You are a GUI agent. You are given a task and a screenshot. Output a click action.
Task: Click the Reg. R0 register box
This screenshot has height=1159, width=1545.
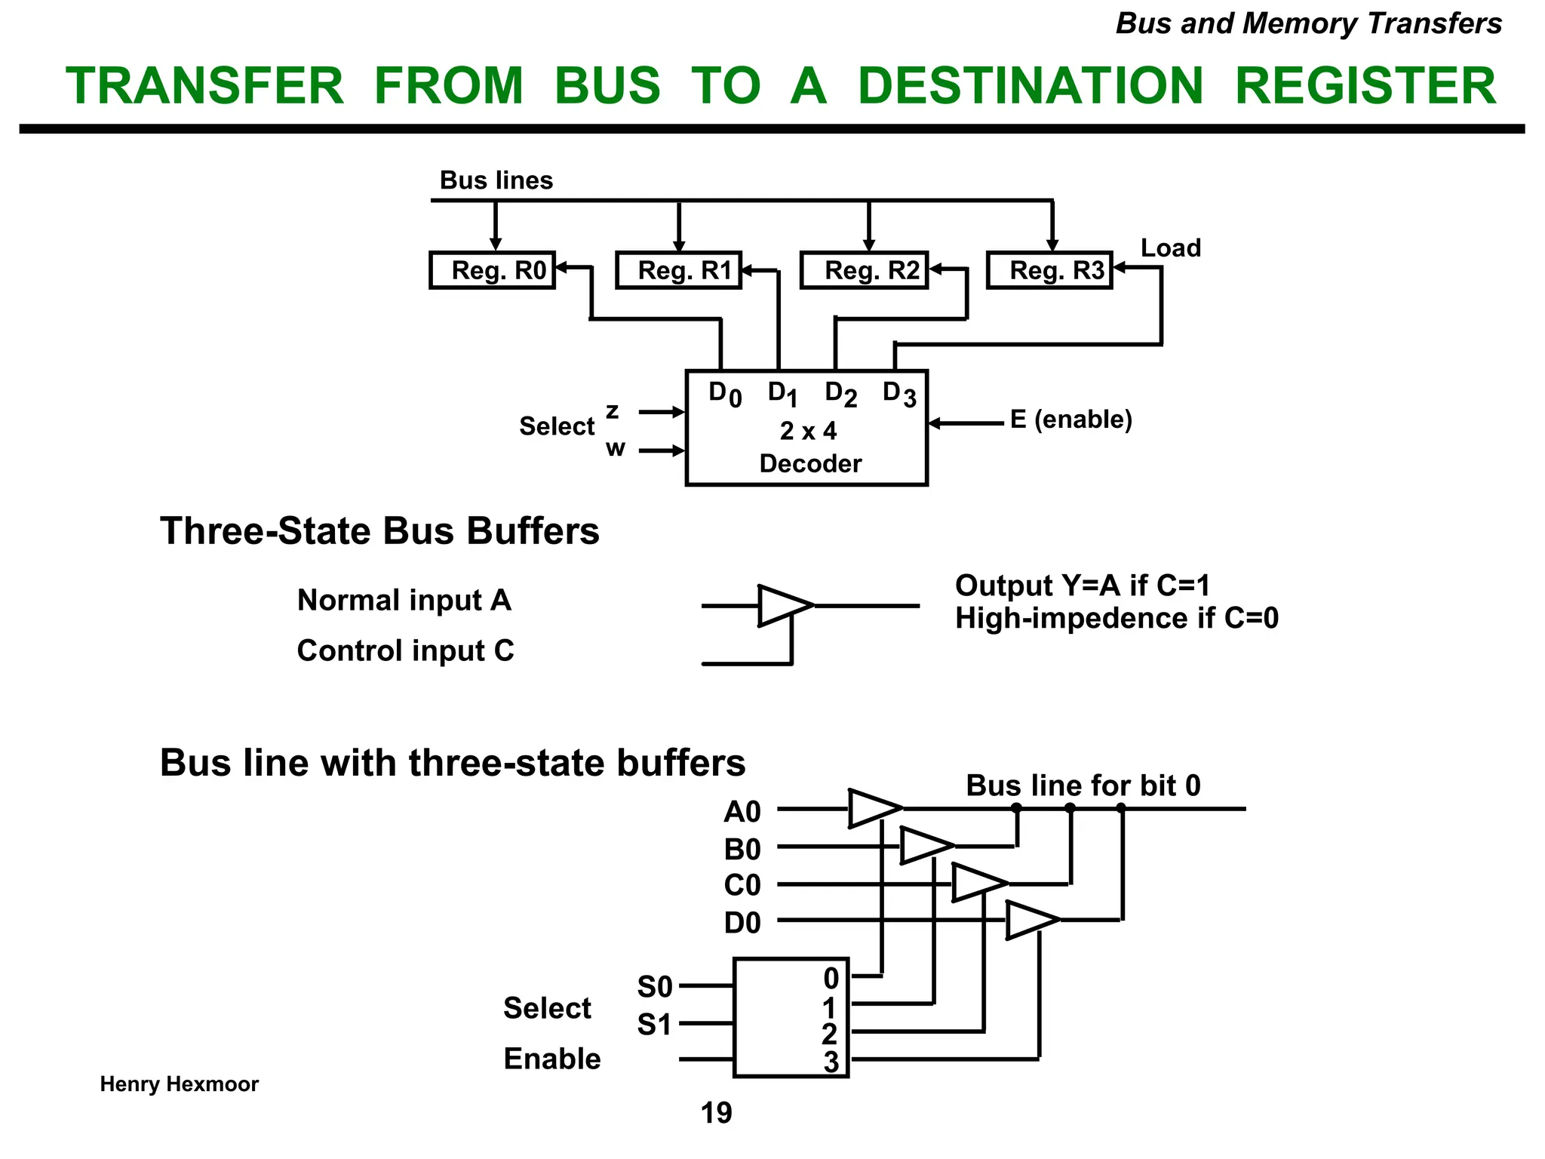point(492,270)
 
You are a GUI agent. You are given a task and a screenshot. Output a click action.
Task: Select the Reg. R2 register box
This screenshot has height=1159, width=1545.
point(864,270)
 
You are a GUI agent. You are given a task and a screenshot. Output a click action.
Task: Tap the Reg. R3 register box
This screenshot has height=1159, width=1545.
point(1049,270)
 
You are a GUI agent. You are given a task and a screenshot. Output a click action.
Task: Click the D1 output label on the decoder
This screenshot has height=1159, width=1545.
point(782,393)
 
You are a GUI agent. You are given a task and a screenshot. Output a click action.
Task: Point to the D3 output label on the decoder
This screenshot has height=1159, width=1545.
point(898,393)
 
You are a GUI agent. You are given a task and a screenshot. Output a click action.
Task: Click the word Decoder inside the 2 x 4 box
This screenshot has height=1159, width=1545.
point(810,463)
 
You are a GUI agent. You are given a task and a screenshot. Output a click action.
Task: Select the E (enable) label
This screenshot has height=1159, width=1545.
point(1071,420)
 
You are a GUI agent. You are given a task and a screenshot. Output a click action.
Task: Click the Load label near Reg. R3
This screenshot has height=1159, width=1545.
point(1170,248)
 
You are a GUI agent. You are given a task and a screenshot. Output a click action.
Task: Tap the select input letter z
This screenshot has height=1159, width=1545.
point(613,411)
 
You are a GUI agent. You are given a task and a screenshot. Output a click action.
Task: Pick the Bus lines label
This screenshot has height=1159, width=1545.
point(496,180)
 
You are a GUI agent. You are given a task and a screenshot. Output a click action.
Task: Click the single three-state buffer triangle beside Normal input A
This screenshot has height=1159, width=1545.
point(784,605)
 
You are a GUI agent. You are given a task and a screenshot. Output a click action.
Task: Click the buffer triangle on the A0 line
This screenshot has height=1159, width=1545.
point(874,808)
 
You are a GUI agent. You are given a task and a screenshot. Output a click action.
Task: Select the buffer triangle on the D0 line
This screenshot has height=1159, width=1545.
point(1031,920)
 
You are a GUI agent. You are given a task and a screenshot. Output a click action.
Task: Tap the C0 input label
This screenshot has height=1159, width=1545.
point(742,885)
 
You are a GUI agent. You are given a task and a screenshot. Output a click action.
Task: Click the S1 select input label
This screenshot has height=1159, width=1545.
point(654,1025)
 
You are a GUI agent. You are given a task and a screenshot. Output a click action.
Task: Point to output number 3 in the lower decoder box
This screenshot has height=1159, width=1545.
point(831,1062)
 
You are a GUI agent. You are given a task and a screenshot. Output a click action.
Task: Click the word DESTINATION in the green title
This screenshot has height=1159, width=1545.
point(1031,85)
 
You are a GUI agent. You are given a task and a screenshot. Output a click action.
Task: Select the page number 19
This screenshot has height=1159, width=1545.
point(716,1113)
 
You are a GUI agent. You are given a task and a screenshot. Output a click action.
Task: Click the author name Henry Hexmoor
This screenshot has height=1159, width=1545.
point(180,1084)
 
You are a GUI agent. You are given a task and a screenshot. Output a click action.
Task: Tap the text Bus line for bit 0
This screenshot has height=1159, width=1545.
point(1083,785)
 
